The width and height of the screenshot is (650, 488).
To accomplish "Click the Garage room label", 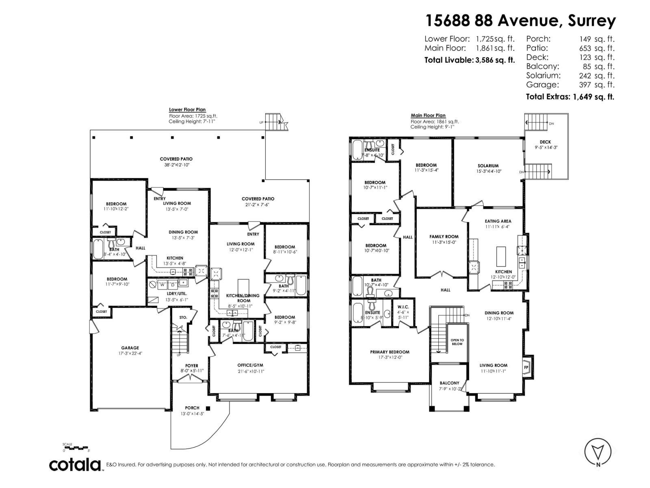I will [130, 348].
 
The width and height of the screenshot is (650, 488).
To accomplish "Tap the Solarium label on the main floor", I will [488, 166].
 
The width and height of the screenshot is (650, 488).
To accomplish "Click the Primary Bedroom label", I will [390, 352].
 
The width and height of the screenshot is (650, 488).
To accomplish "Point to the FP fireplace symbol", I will [526, 368].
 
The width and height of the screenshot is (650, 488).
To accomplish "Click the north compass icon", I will [598, 462].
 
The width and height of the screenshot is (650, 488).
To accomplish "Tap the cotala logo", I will [76, 465].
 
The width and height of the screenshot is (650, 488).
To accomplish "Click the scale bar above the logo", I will [76, 448].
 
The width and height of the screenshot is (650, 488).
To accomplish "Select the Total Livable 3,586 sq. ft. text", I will [469, 60].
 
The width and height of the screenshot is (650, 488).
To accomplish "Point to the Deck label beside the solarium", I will [545, 142].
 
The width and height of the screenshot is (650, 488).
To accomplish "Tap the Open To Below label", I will [457, 342].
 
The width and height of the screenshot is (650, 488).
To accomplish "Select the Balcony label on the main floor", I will [449, 383].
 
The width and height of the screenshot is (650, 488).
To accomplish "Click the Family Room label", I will [444, 236].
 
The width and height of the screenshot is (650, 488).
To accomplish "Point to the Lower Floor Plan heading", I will [187, 109].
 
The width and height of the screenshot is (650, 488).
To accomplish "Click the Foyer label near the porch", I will [192, 366].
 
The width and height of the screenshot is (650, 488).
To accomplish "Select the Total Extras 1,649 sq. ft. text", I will [570, 97].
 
